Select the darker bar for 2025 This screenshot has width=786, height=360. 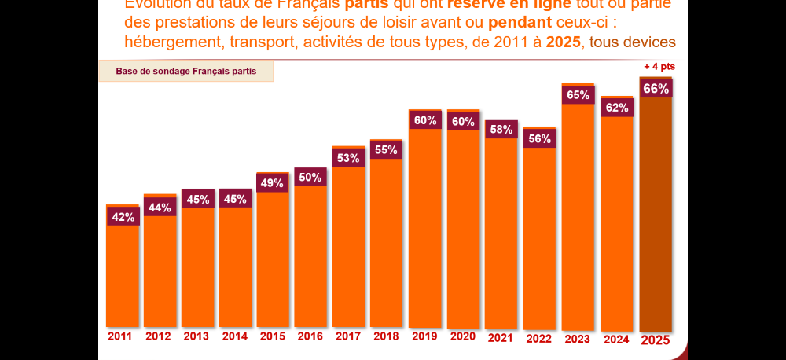click(656, 212)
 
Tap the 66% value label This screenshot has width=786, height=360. click(656, 89)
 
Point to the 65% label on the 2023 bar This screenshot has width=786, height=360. click(578, 94)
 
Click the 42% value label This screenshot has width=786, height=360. click(122, 217)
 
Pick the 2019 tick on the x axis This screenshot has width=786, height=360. click(424, 336)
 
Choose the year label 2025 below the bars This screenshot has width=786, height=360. click(656, 340)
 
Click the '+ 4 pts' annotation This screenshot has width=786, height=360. click(659, 67)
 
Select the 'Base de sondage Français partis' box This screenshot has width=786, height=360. click(186, 71)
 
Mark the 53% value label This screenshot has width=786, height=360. click(348, 158)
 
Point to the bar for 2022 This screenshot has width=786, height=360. click(539, 236)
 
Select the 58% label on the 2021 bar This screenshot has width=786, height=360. click(501, 129)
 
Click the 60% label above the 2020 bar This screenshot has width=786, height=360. click(463, 121)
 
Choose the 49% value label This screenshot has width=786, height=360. click(272, 183)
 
